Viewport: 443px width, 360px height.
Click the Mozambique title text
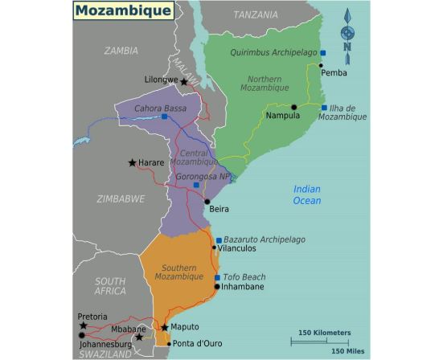122,10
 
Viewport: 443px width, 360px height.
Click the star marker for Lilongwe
184,82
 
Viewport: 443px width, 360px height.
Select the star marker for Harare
133,163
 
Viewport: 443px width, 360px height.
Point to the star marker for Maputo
165,328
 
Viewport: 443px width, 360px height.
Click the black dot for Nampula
294,107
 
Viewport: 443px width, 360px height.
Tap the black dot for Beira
207,202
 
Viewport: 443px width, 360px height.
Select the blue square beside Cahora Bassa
164,117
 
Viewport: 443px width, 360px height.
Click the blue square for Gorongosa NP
196,185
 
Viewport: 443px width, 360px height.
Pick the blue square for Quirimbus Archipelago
323,53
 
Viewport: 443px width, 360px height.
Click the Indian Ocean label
306,194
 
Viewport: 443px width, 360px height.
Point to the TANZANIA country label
256,14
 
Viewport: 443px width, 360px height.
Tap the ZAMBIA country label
121,51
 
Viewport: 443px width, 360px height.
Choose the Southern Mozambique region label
178,271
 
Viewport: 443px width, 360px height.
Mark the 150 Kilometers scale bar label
324,332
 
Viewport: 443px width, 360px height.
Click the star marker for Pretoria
84,325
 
